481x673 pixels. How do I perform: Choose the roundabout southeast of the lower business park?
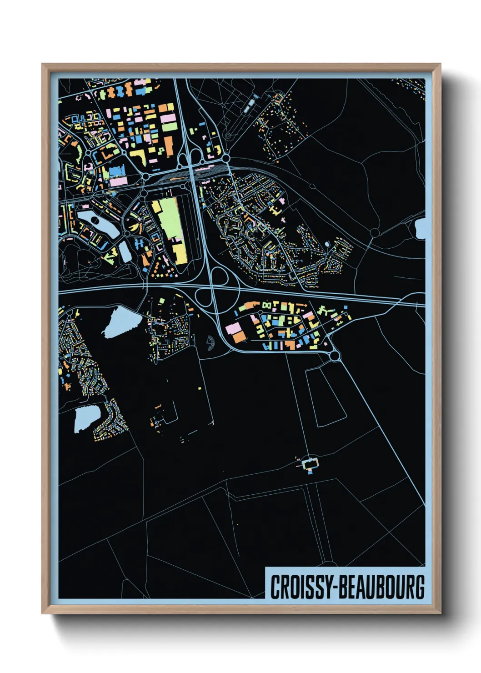click(335, 357)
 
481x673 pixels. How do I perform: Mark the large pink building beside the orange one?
click(233, 328)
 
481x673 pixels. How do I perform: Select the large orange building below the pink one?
click(239, 337)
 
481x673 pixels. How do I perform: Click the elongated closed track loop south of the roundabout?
click(325, 396)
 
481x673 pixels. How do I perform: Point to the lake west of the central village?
click(119, 321)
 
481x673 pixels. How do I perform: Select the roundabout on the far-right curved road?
click(375, 233)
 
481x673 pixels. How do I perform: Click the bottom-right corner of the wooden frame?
click(440, 613)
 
